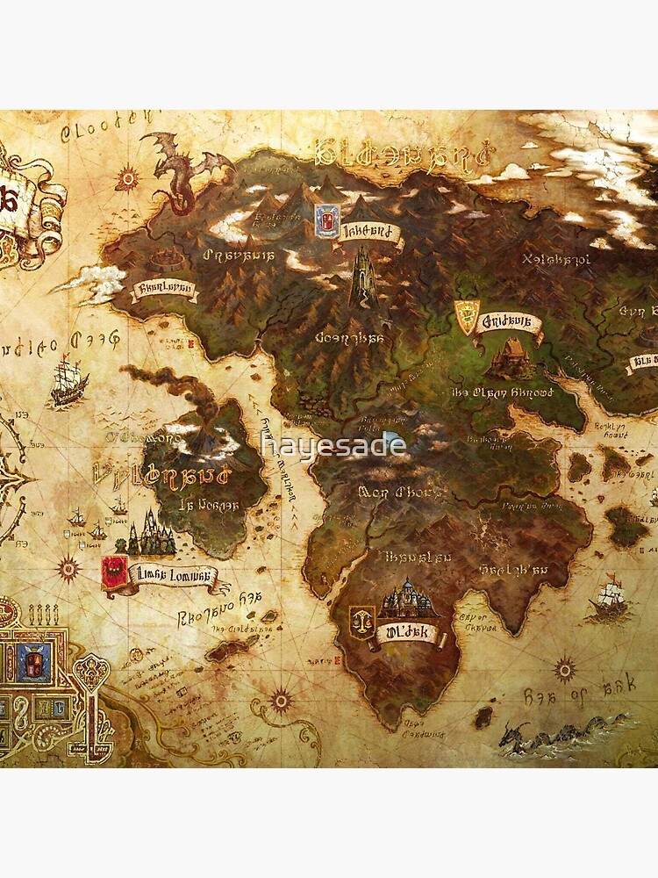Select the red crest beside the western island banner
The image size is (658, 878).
113,572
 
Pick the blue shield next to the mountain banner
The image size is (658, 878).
325,221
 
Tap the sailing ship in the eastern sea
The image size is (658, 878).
607,598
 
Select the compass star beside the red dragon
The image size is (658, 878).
129,179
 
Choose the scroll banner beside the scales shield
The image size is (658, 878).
406,631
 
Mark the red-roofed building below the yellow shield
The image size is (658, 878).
510,360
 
